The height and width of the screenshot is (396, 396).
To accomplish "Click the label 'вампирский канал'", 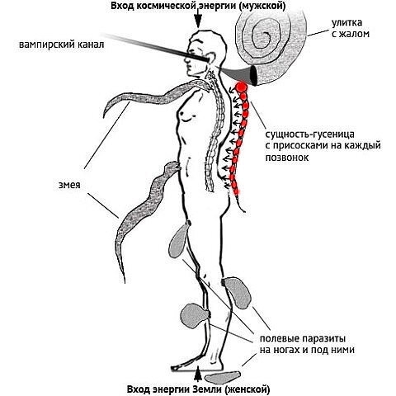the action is pos(61,45).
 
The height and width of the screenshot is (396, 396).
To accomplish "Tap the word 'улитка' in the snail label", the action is pos(346,22).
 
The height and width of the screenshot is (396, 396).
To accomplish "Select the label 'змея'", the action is pos(69,185).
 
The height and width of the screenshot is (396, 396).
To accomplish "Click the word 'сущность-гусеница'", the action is pos(309,134).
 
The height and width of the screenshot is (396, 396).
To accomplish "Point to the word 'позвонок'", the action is pos(287,158).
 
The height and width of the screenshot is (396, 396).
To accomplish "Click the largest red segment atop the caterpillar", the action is pos(242,87).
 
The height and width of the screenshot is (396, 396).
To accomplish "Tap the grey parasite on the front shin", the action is pos(194,316).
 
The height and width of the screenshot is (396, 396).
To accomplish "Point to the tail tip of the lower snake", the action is pos(125,282).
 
